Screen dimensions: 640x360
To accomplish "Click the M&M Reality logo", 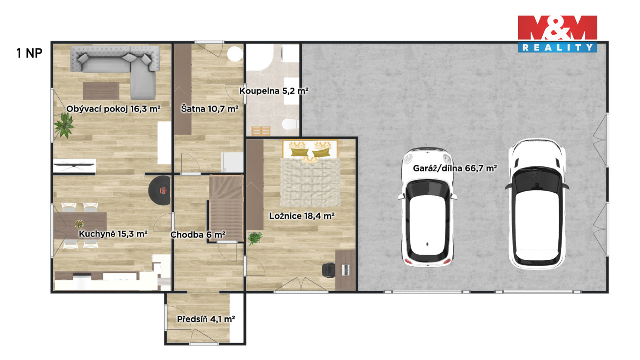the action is click(x=557, y=34).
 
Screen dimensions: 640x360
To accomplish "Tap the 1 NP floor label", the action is click(x=29, y=53).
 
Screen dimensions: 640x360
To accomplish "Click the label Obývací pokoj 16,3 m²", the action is click(x=113, y=109).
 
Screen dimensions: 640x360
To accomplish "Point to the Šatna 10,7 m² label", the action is click(x=210, y=108).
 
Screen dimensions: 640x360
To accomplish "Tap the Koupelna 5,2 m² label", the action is click(x=274, y=91).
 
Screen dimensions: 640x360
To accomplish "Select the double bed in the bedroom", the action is click(x=310, y=173).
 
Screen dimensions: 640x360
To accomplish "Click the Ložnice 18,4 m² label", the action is click(x=302, y=216).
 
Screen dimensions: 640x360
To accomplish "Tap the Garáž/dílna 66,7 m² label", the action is click(x=455, y=168).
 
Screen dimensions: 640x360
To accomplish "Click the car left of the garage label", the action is click(x=428, y=207).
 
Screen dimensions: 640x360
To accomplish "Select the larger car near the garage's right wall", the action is click(x=537, y=204).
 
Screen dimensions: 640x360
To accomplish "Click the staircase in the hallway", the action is click(x=226, y=208).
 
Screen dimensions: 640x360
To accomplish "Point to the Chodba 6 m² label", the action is click(x=198, y=235).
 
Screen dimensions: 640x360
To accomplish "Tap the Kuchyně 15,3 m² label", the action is click(x=113, y=234).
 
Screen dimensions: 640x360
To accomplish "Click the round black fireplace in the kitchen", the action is click(x=160, y=190).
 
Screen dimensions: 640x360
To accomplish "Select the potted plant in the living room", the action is click(x=64, y=125).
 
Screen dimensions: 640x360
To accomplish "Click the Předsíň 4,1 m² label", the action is click(x=206, y=319).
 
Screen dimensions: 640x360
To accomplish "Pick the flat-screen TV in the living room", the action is click(x=74, y=165).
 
